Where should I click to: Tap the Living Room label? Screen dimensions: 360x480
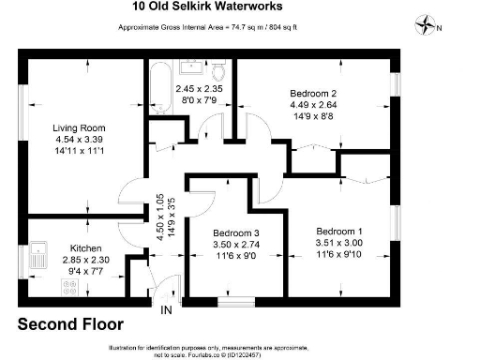(x=79, y=127)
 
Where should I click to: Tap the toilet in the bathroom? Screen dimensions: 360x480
(x=218, y=70)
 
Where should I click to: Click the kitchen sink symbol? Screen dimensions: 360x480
(x=38, y=251)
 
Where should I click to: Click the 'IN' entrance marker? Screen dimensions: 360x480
(x=166, y=310)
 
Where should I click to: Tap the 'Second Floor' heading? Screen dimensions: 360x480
(x=71, y=325)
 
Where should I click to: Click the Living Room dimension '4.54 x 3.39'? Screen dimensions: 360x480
(x=79, y=139)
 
